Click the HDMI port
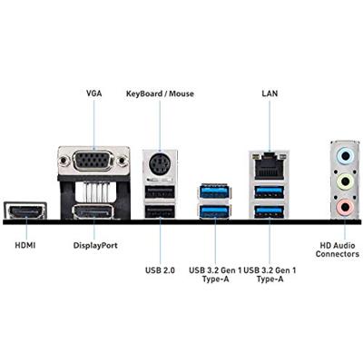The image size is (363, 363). pos(26,212)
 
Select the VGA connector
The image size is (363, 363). pos(93,163)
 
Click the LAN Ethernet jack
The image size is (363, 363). pos(269,167)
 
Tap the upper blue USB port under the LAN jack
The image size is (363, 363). pos(269,191)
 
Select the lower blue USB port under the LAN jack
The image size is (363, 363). pos(269,212)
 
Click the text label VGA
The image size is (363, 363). pos(93,93)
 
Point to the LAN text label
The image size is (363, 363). pos(270,93)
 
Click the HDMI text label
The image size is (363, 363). pos(26,245)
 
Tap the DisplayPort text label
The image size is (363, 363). pos(95,245)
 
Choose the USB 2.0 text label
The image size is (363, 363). pos(160,269)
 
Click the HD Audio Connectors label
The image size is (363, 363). pos(337,250)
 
